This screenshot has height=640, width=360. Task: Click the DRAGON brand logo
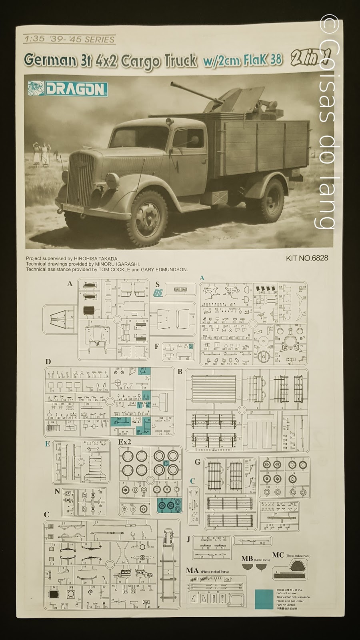point(68,88)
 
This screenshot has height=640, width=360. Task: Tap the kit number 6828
point(307,258)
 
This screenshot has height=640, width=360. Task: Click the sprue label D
point(48,362)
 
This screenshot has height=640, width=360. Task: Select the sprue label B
point(180,372)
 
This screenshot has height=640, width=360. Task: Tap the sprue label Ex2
point(125,442)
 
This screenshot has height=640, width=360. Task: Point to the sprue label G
point(197,462)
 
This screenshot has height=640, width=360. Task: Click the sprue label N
point(58,492)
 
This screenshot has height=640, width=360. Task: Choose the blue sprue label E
point(48,444)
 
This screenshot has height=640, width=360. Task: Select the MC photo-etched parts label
point(278,555)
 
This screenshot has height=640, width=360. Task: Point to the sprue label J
point(188,540)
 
